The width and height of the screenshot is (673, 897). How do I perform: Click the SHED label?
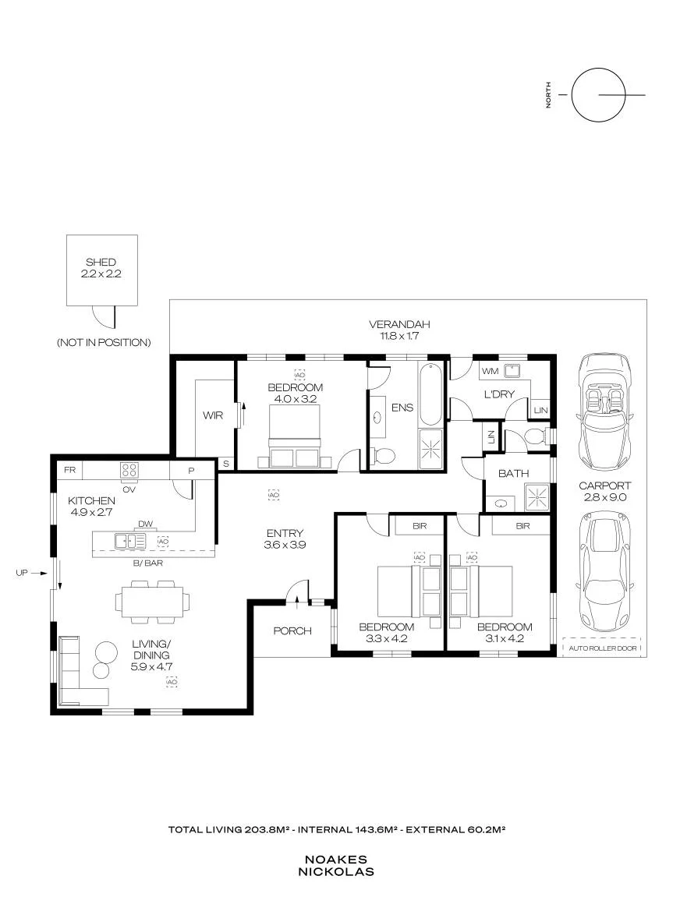(x=101, y=262)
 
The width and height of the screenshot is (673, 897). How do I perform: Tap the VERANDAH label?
(x=398, y=324)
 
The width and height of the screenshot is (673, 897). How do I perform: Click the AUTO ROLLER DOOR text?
(x=603, y=648)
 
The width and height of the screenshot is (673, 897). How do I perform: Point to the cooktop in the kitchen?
(x=129, y=470)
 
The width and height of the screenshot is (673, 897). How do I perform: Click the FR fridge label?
(x=70, y=470)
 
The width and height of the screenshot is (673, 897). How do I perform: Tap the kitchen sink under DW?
(x=130, y=541)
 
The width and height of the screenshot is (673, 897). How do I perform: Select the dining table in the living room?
(x=152, y=602)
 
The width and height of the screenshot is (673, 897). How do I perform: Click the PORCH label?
(x=292, y=631)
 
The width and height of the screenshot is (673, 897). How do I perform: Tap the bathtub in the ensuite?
(x=431, y=394)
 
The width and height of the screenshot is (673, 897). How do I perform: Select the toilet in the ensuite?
(x=384, y=456)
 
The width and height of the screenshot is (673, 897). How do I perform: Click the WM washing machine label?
(x=490, y=371)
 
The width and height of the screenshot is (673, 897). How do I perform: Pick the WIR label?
(x=213, y=415)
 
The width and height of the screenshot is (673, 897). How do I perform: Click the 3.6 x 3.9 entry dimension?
(x=285, y=546)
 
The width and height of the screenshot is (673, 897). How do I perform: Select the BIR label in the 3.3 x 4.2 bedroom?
(x=420, y=526)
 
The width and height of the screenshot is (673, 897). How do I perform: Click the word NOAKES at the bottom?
(x=336, y=860)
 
